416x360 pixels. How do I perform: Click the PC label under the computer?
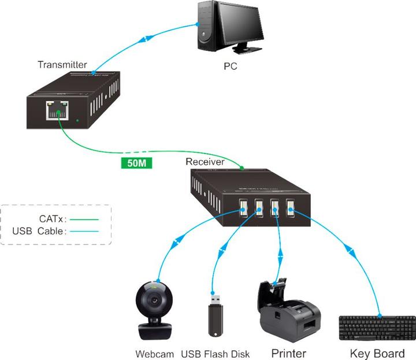[231, 66]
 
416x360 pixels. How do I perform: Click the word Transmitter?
[62, 64]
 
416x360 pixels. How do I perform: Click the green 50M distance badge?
[137, 162]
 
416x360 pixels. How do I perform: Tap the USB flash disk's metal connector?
[214, 300]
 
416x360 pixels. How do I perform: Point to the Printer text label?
[289, 352]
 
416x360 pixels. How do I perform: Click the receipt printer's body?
[289, 321]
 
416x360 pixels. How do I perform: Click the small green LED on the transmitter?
[77, 121]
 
